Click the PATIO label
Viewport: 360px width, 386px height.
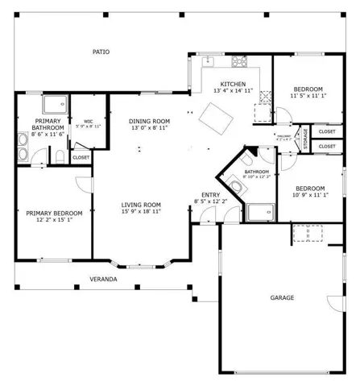[x=101, y=52]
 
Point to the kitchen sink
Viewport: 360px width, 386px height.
[x=209, y=61]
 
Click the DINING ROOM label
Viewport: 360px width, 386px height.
[x=148, y=122]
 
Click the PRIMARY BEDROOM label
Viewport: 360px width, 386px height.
[x=49, y=214]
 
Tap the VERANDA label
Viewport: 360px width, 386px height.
[x=103, y=279]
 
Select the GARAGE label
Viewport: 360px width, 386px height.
[x=282, y=298]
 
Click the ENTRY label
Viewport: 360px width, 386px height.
[x=211, y=195]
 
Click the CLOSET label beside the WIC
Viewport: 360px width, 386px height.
[x=81, y=158]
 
